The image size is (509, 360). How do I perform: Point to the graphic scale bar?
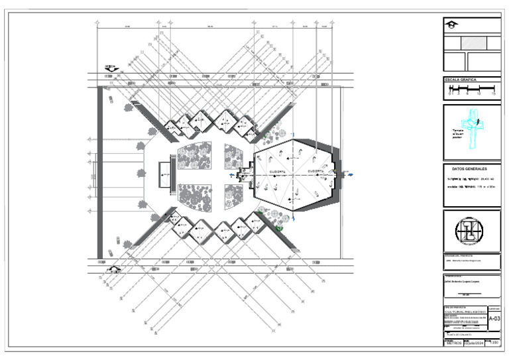(471, 88)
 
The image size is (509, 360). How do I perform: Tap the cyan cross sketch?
(473, 129)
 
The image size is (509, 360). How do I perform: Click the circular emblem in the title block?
(471, 231)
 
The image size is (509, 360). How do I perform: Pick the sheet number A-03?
(494, 319)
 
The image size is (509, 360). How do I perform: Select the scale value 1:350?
(494, 342)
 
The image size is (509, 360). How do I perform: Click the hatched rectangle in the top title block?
(474, 42)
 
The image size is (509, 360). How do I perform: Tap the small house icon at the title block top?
(452, 25)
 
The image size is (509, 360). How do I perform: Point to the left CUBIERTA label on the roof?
(278, 171)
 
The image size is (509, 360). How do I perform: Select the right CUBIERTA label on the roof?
(317, 171)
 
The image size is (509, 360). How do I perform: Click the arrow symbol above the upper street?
(111, 67)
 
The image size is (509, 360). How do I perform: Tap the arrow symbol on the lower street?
(114, 269)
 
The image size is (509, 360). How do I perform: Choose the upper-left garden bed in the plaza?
(197, 156)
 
